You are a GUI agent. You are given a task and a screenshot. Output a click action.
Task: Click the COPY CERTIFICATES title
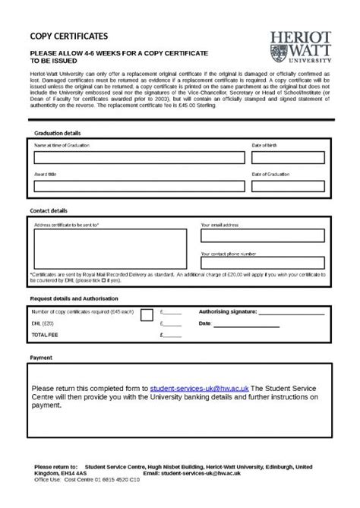68,36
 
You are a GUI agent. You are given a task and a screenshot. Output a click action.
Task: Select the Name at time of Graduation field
139,157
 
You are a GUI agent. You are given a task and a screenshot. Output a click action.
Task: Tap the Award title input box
139,187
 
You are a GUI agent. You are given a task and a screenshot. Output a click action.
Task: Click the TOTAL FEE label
44,334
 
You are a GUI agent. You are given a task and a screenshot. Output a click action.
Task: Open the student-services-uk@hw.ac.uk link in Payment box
199,387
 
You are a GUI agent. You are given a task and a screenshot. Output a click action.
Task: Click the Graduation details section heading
57,133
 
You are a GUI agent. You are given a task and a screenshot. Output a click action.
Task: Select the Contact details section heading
49,210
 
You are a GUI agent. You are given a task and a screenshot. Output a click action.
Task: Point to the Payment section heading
41,356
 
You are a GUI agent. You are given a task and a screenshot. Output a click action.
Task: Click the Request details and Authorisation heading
74,298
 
